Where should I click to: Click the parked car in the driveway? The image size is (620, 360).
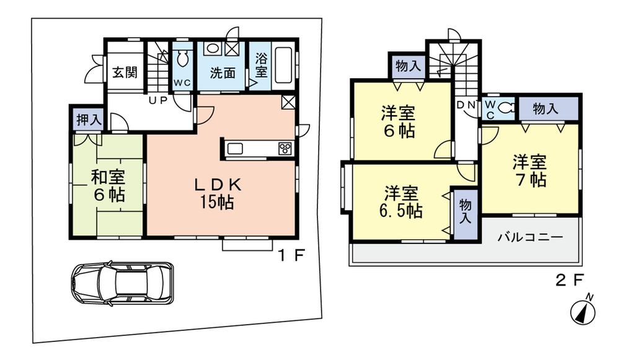point(122,283)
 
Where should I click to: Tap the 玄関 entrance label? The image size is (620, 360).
point(125,72)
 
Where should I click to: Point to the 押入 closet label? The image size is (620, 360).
point(89,119)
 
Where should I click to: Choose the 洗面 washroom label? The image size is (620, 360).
point(222,72)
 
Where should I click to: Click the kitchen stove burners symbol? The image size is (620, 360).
point(285,148)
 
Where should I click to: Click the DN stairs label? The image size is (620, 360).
point(466,105)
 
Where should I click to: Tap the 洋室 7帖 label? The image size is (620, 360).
point(529,171)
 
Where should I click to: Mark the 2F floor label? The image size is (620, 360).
point(569,280)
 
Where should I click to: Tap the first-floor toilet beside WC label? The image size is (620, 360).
point(183,60)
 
